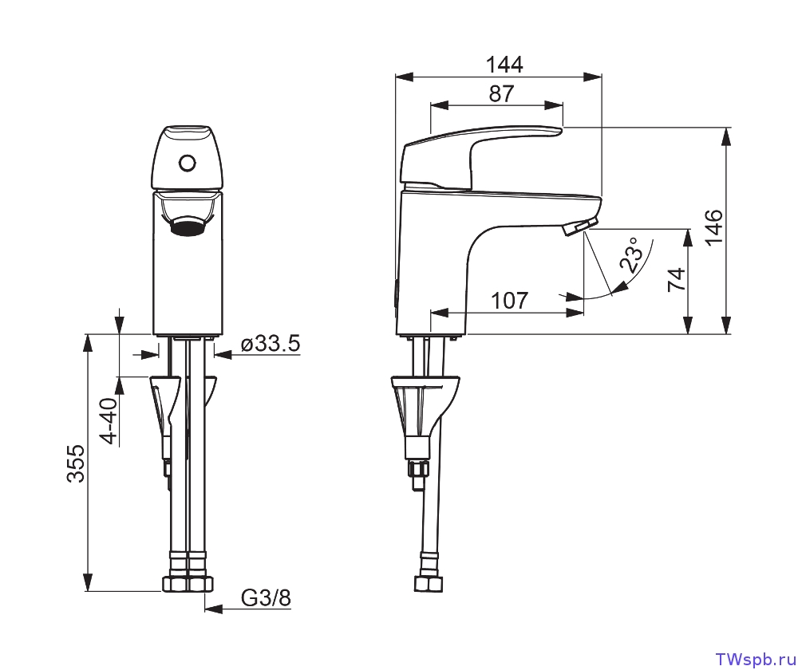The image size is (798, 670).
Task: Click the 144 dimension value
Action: pos(504,65)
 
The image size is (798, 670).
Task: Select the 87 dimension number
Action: pos(501,93)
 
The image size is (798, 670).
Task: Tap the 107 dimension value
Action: pos(509,301)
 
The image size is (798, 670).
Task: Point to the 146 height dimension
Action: pos(713,226)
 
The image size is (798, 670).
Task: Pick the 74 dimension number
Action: pos(676,280)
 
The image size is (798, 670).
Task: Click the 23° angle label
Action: pos(634,256)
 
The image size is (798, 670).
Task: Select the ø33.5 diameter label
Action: pos(270,344)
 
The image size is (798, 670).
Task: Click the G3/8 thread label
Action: pos(266,598)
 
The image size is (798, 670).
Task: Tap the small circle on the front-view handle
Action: pos(188,164)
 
